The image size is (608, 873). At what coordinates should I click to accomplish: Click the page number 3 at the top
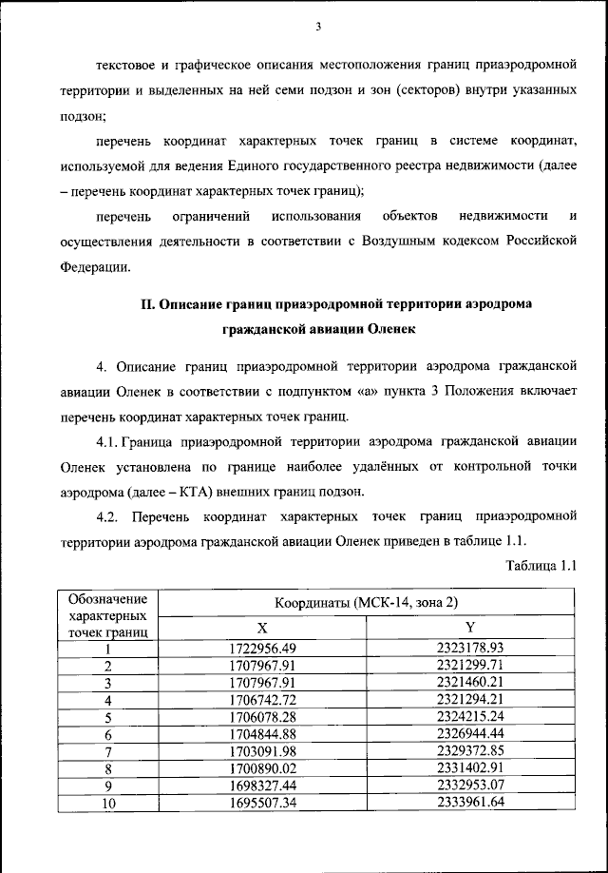click(319, 26)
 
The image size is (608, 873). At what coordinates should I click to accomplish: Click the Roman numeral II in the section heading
click(148, 304)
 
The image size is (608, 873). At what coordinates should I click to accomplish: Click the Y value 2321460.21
click(470, 683)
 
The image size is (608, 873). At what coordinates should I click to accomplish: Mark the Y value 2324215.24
click(470, 717)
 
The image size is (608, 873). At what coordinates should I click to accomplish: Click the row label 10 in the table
click(108, 803)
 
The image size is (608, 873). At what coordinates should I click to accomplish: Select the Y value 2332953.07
click(470, 786)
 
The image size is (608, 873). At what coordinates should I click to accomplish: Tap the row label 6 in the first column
click(108, 734)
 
